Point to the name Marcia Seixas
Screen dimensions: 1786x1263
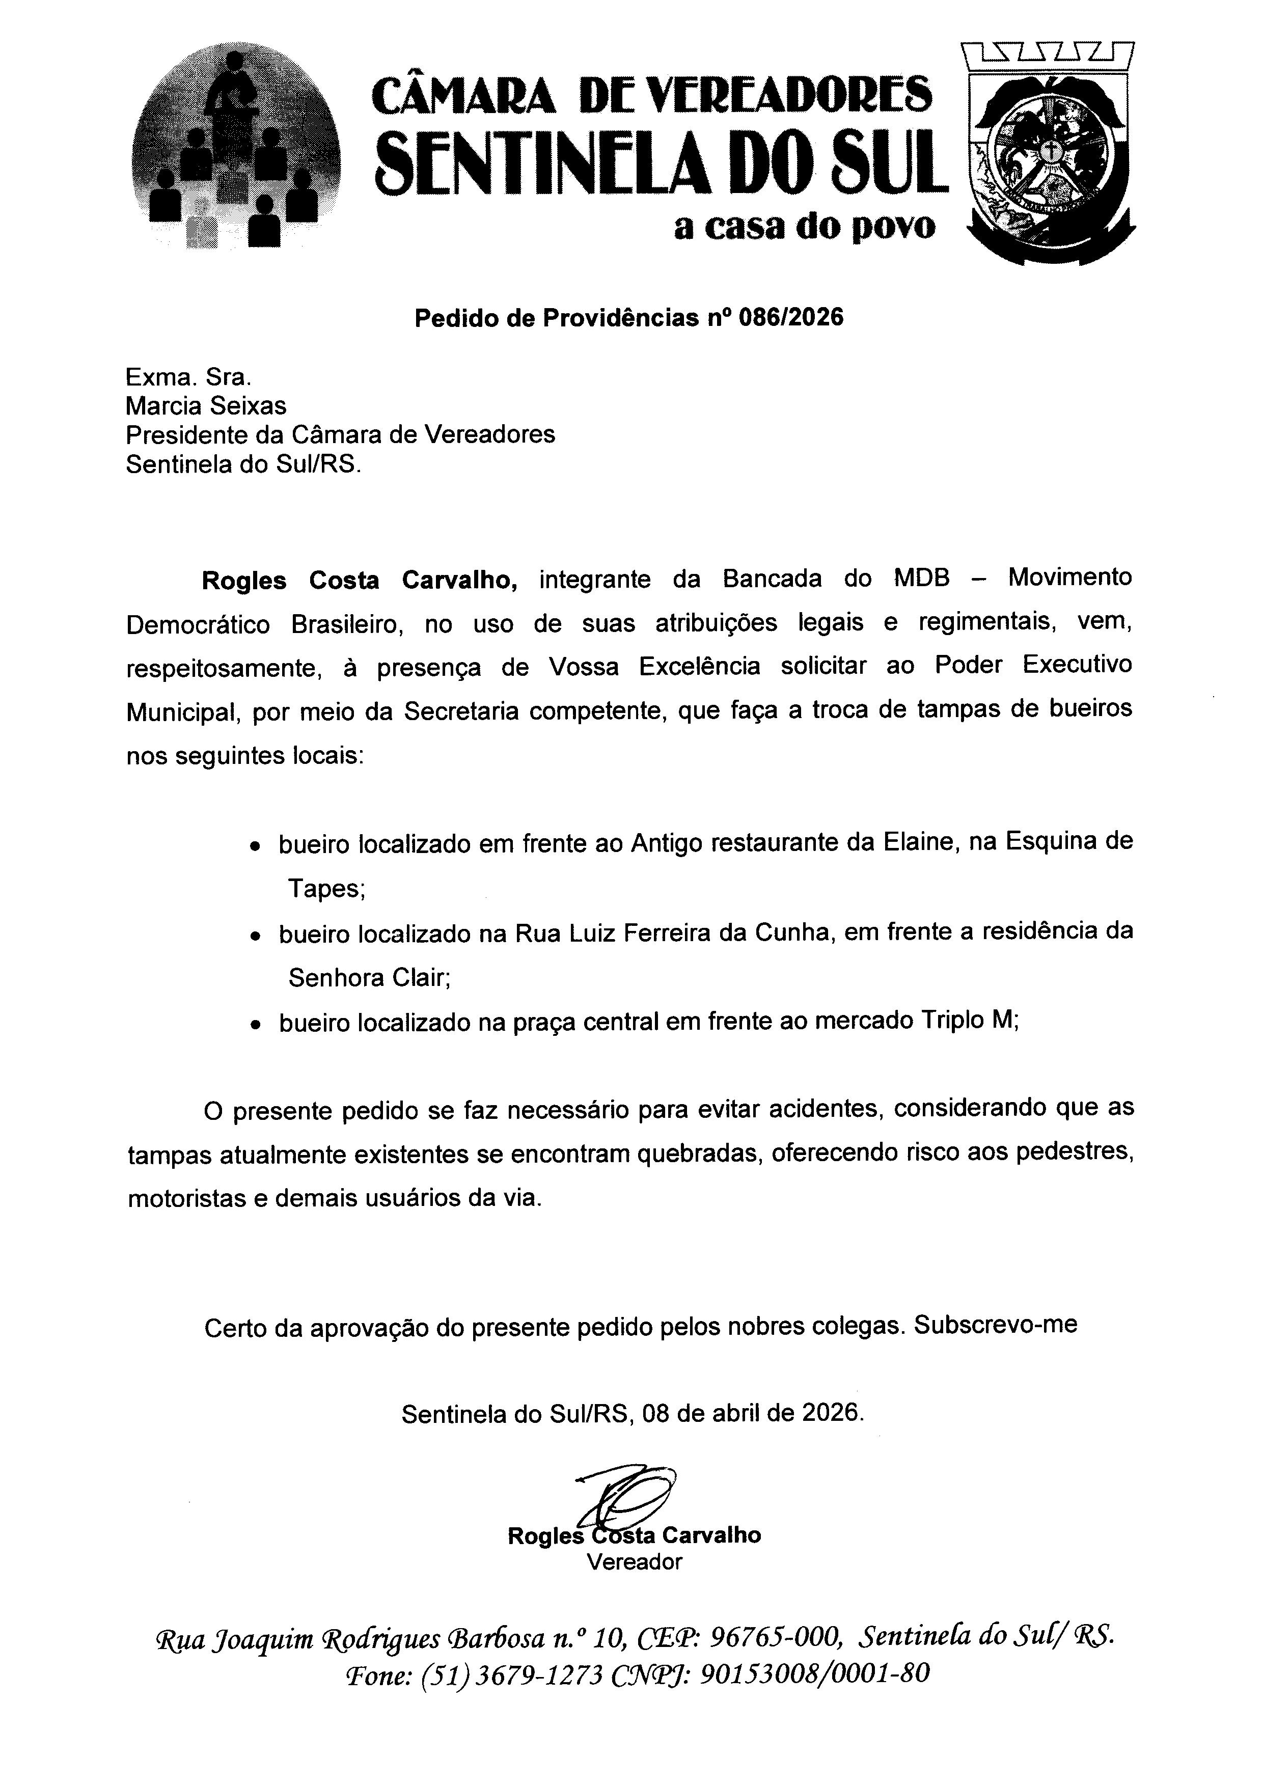(x=206, y=405)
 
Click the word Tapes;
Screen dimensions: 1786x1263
(x=326, y=888)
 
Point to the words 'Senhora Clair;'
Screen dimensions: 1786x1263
(x=369, y=977)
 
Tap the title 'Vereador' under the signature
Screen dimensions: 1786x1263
(x=634, y=1561)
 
